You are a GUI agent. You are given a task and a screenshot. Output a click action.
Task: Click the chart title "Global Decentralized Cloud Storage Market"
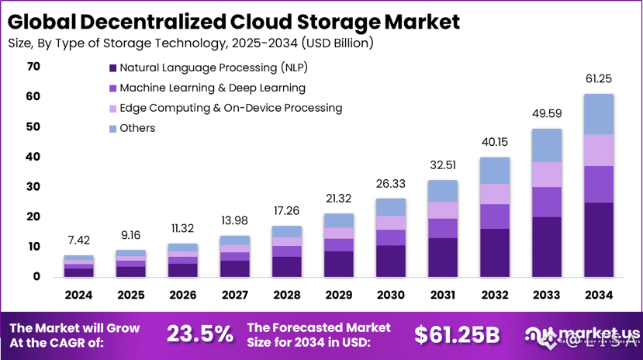coord(233,20)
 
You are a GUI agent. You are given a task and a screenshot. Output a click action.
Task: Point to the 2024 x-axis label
coord(78,295)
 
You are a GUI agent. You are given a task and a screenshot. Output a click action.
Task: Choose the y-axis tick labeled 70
coord(33,67)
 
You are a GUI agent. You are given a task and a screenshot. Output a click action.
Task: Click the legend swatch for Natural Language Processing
coord(113,67)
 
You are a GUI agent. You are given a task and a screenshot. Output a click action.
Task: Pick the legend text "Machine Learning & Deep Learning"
coord(213,88)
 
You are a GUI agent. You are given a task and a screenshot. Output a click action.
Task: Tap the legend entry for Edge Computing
coord(230,108)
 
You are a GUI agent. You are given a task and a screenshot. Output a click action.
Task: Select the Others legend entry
coord(137,128)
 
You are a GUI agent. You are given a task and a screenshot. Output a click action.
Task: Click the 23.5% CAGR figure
coord(200,334)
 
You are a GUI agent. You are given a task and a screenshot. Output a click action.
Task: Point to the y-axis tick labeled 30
coord(33,187)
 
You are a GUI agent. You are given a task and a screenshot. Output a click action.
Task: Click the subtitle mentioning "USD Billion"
coord(190,43)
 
